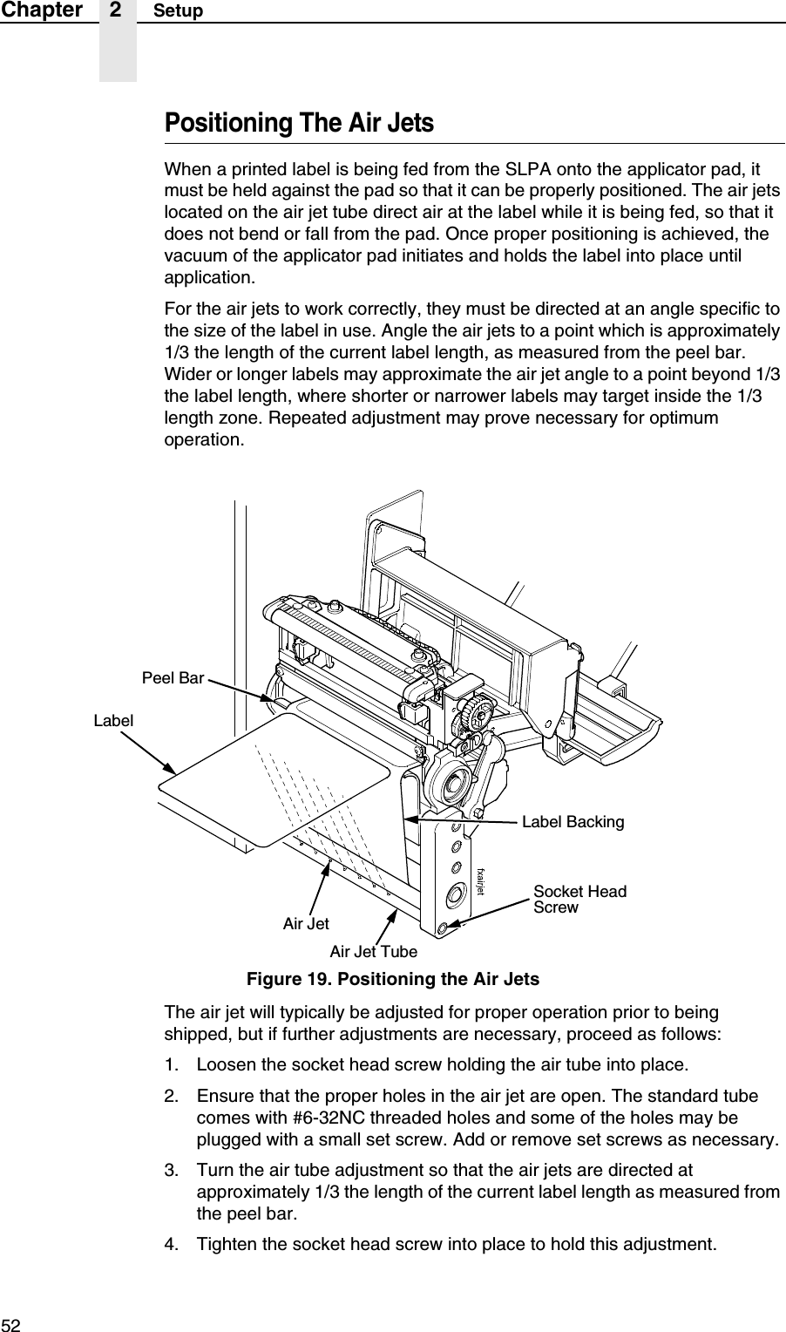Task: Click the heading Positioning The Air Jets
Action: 299,123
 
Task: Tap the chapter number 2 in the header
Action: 118,10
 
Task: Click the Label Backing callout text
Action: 573,822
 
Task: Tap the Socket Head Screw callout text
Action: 579,899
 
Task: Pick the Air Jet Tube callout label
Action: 373,951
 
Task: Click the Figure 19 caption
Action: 393,979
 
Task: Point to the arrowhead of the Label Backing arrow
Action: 411,819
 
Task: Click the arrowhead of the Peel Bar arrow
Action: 272,697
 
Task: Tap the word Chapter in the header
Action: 42,10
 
